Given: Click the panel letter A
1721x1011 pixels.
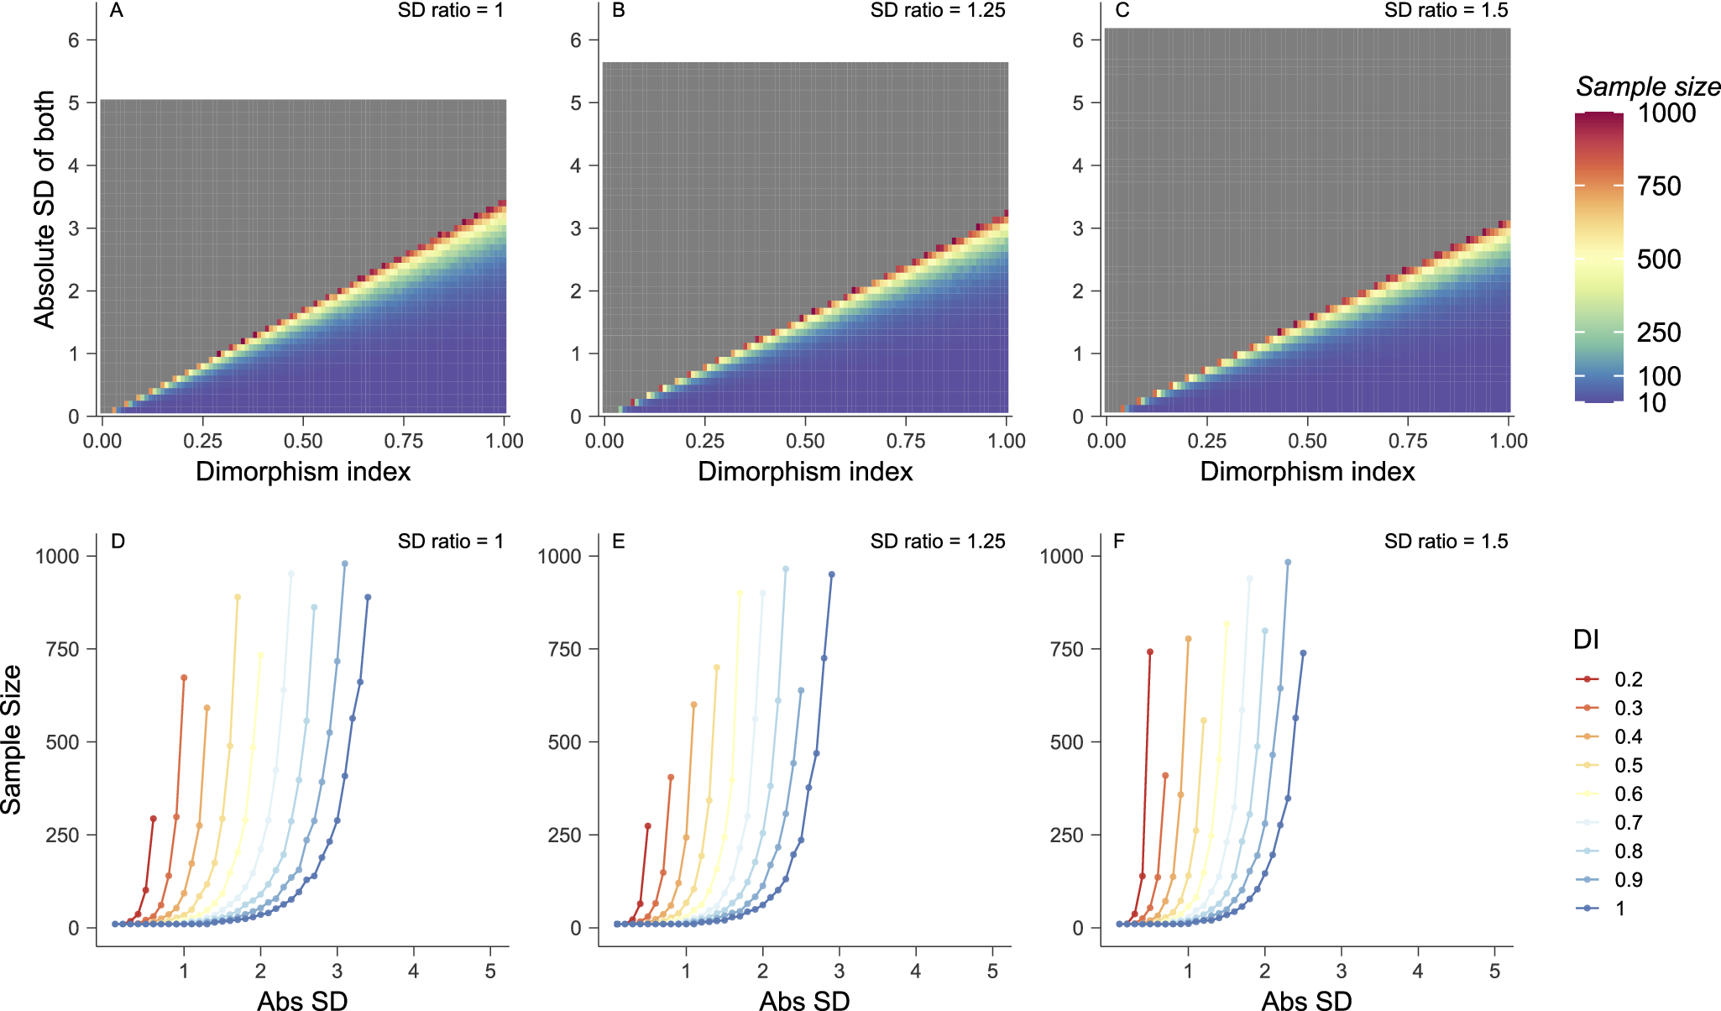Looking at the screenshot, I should [117, 11].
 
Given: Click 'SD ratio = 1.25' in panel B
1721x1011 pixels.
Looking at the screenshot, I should [938, 11].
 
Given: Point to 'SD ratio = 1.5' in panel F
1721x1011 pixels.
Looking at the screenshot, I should [1446, 542].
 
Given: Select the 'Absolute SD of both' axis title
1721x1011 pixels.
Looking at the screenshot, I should [44, 209].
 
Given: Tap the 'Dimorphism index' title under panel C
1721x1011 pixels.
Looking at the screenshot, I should [1307, 472].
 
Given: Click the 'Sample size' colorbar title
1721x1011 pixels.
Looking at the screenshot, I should [1647, 86].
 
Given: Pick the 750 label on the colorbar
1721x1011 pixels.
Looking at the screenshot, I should [1659, 186].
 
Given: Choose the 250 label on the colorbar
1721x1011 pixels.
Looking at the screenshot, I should [1659, 333].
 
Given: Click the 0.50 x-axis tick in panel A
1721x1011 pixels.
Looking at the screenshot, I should [303, 441].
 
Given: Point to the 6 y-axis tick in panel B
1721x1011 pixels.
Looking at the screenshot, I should [576, 40].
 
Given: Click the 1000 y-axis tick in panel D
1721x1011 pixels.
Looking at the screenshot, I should [57, 556].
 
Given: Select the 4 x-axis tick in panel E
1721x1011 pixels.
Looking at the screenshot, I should [916, 971].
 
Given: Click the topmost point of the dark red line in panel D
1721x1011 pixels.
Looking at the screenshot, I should [153, 819].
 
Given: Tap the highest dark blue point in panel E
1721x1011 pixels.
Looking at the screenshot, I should [832, 574].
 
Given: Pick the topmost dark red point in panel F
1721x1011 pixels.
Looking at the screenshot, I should [1150, 652].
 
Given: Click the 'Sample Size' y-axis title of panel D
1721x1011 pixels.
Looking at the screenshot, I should [12, 739].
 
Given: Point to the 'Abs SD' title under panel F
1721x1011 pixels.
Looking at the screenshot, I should [1306, 1000].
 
